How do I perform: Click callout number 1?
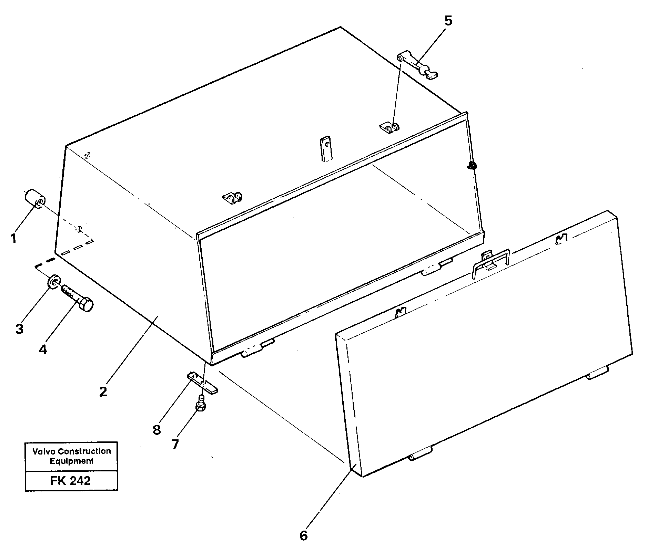pos(13,238)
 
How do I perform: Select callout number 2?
pos(103,391)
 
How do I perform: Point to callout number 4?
pos(42,349)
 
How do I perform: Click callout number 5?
pos(447,21)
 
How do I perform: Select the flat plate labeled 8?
pos(203,383)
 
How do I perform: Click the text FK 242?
pos(70,480)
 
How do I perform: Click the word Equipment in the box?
pos(71,461)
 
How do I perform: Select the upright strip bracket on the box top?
pos(326,148)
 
